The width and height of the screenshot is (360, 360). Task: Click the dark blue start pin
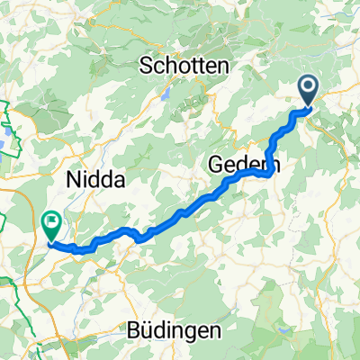click(308, 91)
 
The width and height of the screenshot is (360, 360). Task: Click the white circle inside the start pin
click(308, 87)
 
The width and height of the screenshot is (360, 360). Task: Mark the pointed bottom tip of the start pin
click(308, 108)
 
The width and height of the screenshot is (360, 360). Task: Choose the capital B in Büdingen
click(132, 329)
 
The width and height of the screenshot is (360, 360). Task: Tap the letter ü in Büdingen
click(145, 329)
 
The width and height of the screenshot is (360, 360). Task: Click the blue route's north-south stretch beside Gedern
click(271, 148)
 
